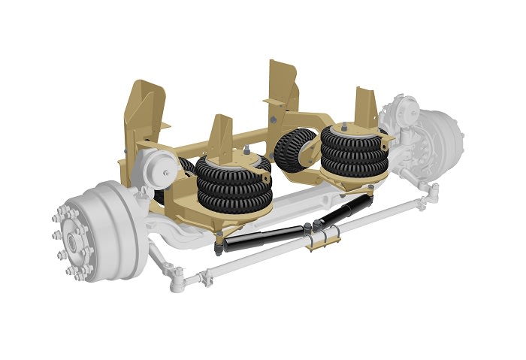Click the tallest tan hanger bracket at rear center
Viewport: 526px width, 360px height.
click(x=282, y=86)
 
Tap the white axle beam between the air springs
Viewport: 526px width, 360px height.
click(x=301, y=199)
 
